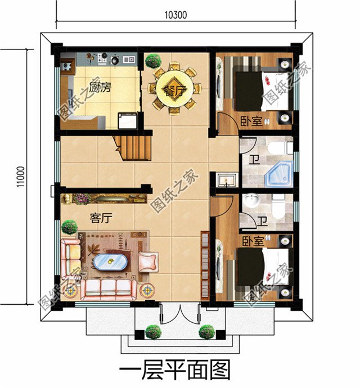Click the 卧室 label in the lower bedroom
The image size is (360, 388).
pyautogui.click(x=253, y=241)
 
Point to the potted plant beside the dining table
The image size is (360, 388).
pyautogui.click(x=154, y=60)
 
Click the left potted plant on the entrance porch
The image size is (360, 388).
pyautogui.click(x=152, y=332)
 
